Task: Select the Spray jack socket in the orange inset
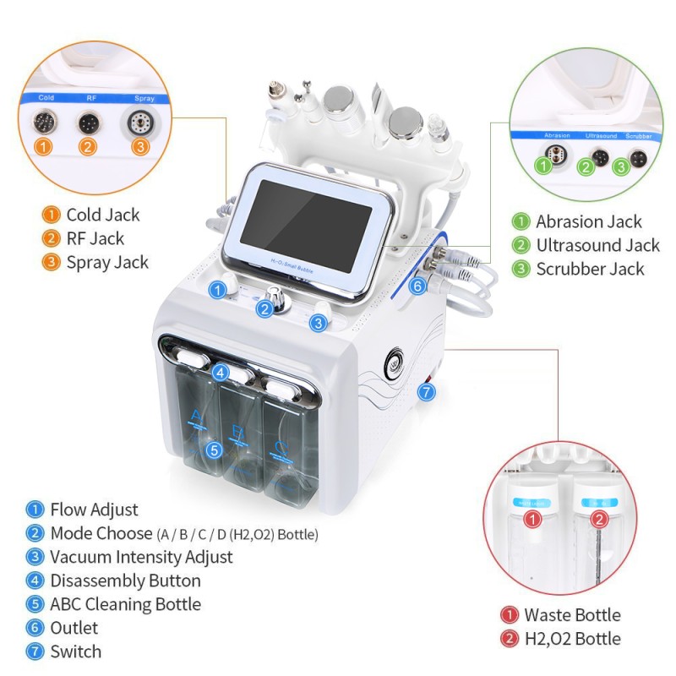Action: [136, 121]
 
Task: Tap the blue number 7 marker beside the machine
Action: [427, 392]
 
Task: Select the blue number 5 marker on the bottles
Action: [214, 450]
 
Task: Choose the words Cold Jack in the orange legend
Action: [103, 215]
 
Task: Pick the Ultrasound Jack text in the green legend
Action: [597, 246]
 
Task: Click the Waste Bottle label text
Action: [572, 615]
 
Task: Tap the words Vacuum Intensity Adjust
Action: [141, 557]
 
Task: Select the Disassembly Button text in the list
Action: [125, 581]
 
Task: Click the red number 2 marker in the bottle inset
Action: [598, 518]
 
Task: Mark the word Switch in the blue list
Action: [75, 651]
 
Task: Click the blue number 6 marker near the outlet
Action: [417, 286]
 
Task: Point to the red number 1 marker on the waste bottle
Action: [532, 520]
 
